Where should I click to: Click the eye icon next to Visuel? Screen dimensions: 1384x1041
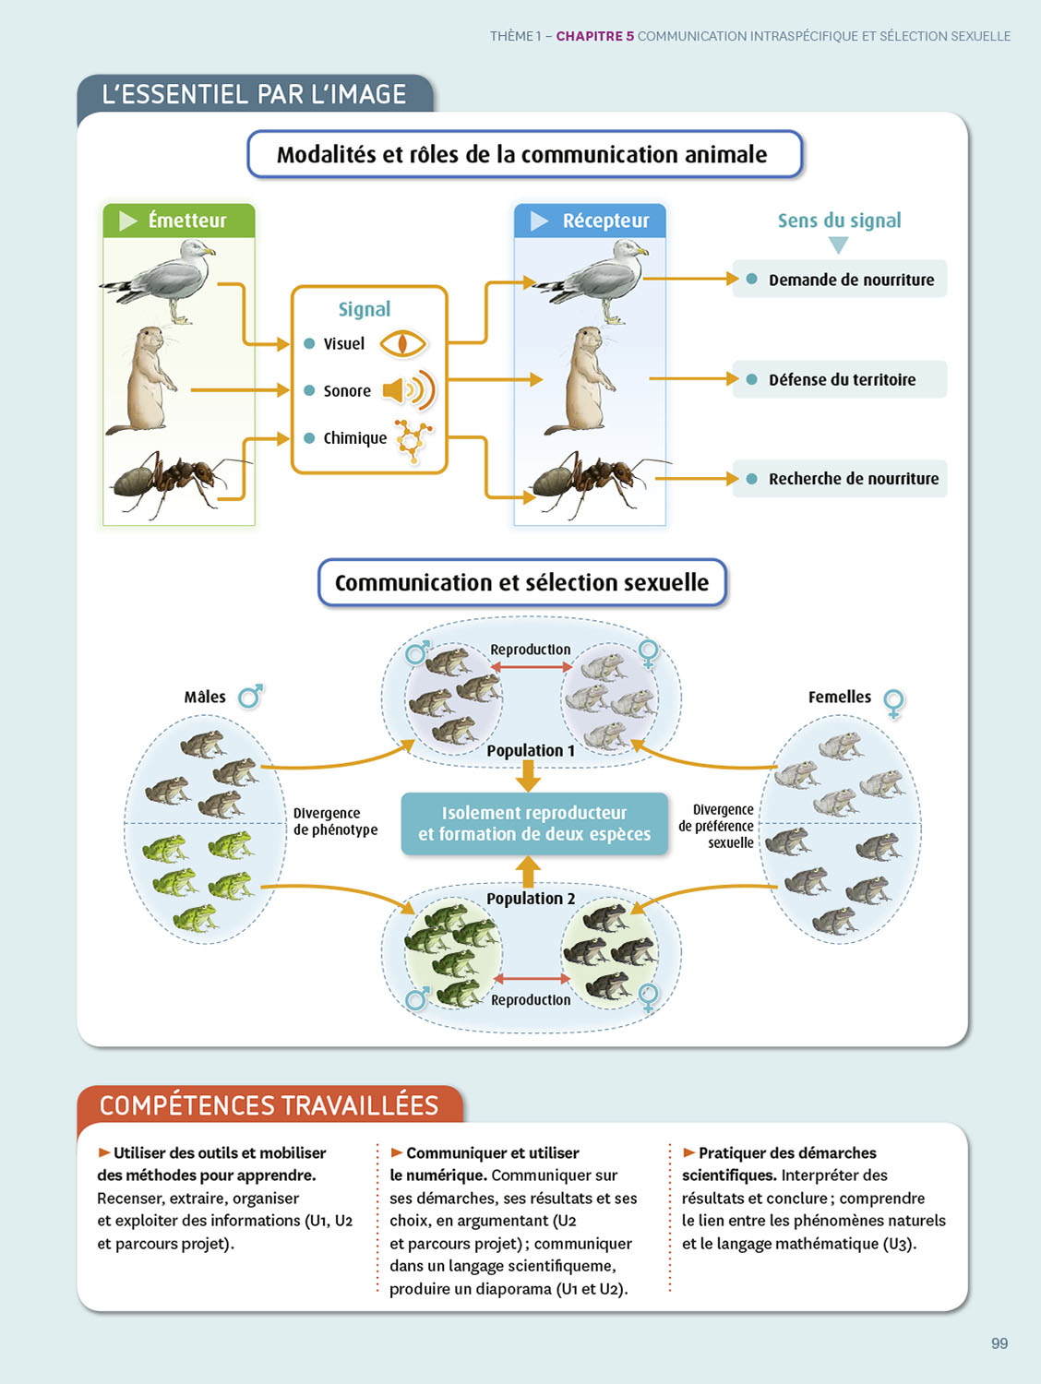tap(403, 344)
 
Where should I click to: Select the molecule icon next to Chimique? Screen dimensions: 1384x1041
tap(413, 439)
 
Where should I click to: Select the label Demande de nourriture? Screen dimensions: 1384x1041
tap(850, 280)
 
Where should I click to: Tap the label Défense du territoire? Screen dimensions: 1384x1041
tap(842, 379)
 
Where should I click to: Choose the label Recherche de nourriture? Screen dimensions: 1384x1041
tap(853, 479)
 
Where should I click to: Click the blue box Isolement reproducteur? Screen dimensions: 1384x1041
tap(534, 823)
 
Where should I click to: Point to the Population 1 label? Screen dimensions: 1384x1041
tap(530, 751)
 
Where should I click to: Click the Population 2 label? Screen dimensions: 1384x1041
tap(531, 899)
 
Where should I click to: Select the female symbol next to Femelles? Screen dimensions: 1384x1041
tap(893, 702)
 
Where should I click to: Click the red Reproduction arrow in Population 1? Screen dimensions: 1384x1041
tap(532, 666)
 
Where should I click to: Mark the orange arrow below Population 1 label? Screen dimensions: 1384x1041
tap(528, 776)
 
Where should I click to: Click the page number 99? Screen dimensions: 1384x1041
tap(999, 1343)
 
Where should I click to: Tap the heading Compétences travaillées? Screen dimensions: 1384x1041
tap(269, 1105)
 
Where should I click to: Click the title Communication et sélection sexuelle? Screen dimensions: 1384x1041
tap(521, 583)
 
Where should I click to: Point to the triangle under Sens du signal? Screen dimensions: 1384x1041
tap(838, 245)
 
